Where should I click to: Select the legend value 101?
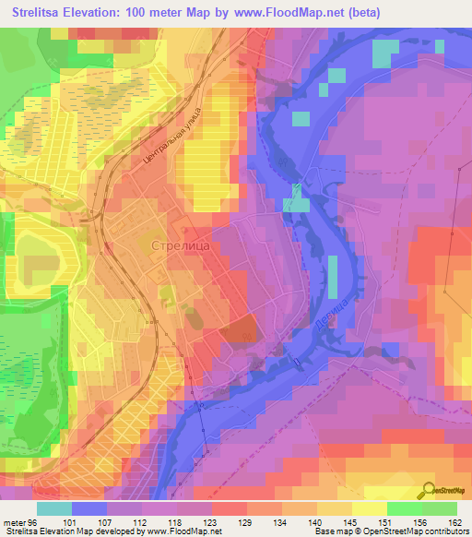click(x=66, y=521)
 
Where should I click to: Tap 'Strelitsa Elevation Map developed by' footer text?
click(x=78, y=531)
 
